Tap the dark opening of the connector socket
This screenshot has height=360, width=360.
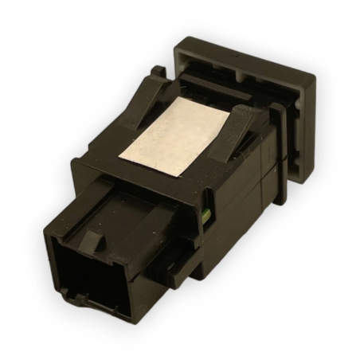pos(90,274)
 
